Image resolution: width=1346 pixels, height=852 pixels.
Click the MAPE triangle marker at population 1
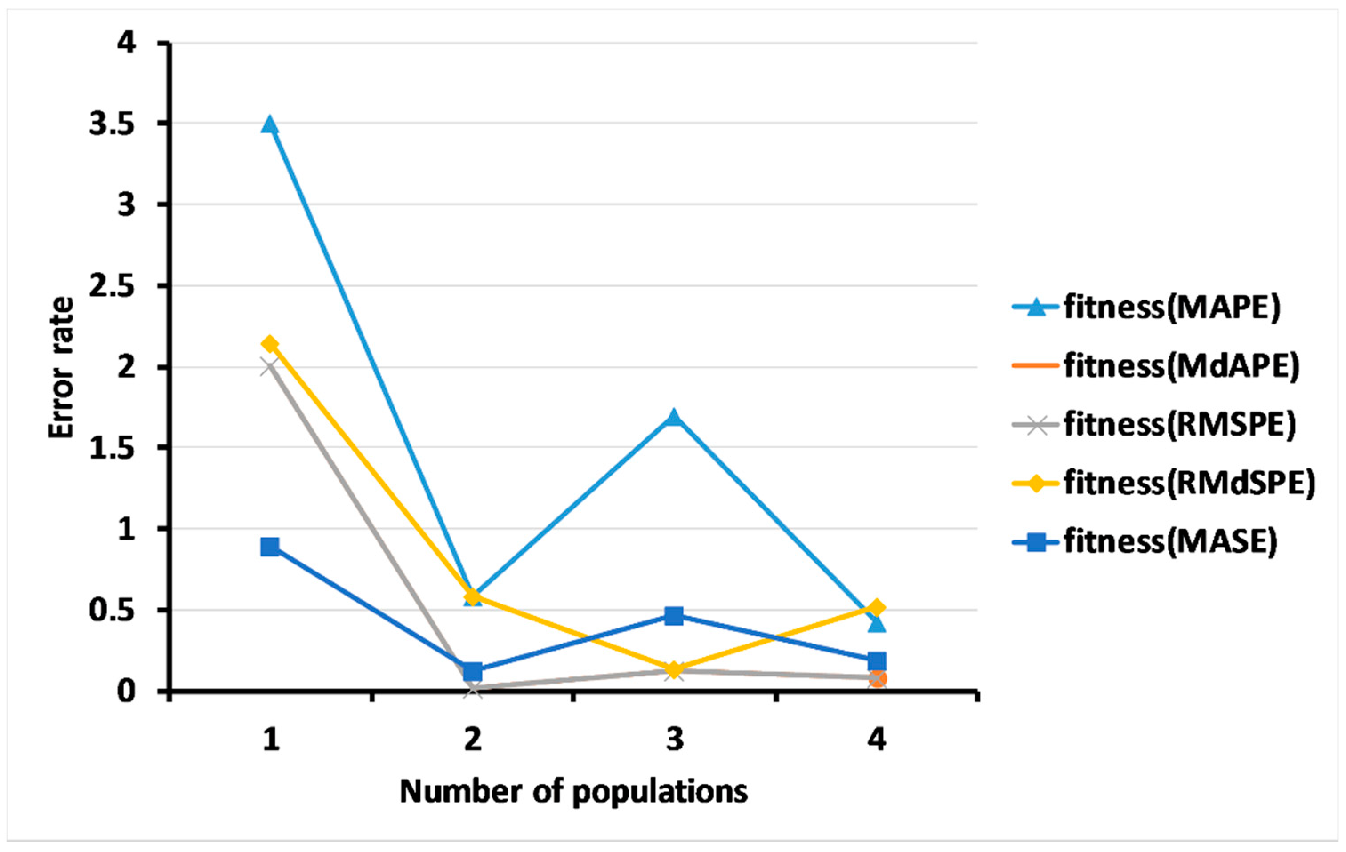click(x=270, y=124)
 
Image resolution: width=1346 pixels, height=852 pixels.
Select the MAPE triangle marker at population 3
click(x=674, y=416)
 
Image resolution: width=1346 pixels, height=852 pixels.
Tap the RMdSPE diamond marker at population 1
click(x=270, y=344)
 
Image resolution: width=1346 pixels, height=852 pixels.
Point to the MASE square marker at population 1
click(x=270, y=546)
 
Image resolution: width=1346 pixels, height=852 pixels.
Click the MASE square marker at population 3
click(x=674, y=616)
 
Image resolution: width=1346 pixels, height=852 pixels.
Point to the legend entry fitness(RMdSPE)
click(x=1163, y=483)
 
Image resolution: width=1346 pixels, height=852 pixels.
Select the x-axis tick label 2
click(x=473, y=740)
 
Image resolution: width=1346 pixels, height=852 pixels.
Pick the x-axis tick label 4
click(x=876, y=740)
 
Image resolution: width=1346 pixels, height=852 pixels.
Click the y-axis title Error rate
click(x=60, y=368)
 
